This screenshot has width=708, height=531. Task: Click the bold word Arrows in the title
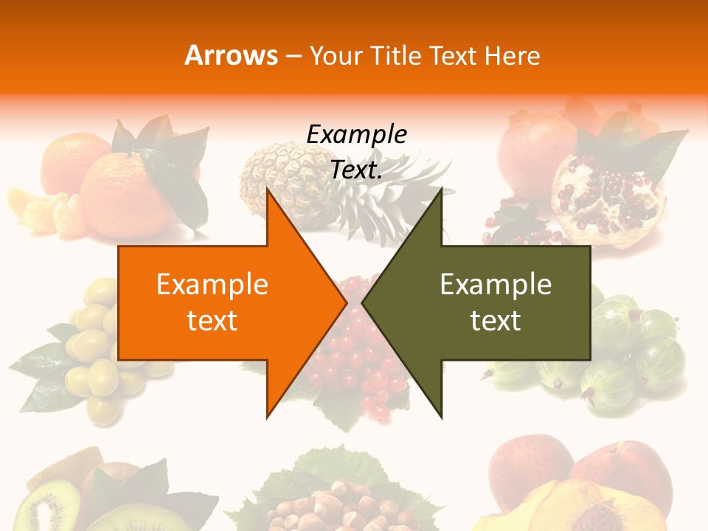pos(232,55)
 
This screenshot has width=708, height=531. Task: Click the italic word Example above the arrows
pos(357,135)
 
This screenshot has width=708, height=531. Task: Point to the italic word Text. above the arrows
pos(357,170)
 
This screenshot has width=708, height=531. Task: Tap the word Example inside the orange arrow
pos(212,284)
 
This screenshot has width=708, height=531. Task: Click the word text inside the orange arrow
pos(212,320)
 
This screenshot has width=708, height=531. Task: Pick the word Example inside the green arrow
pos(496,284)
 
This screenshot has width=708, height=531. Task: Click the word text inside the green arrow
pos(496,320)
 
